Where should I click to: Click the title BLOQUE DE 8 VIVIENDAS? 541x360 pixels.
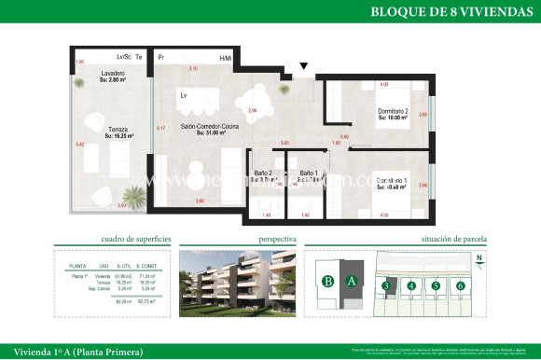tap(445, 12)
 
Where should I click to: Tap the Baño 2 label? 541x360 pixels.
tap(264, 174)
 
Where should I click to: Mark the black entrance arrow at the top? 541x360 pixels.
tap(303, 65)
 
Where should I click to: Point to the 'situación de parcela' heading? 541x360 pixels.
tap(455, 240)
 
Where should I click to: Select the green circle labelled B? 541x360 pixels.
tap(327, 281)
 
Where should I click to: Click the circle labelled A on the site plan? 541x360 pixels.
tap(352, 281)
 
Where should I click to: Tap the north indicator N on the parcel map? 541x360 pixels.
tap(479, 259)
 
